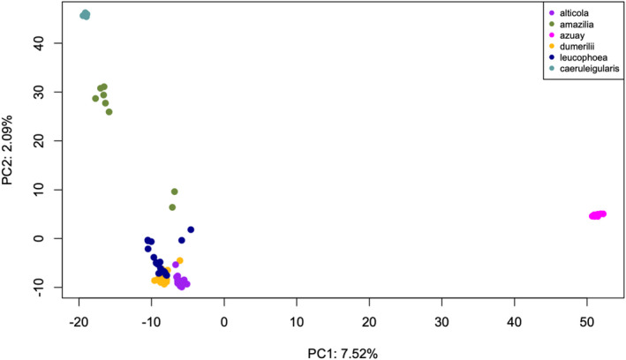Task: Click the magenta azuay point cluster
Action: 598,214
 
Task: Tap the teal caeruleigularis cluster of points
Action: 85,14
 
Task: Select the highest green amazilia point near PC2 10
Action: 175,191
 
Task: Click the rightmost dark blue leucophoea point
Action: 191,229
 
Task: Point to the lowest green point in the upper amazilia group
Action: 109,112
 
